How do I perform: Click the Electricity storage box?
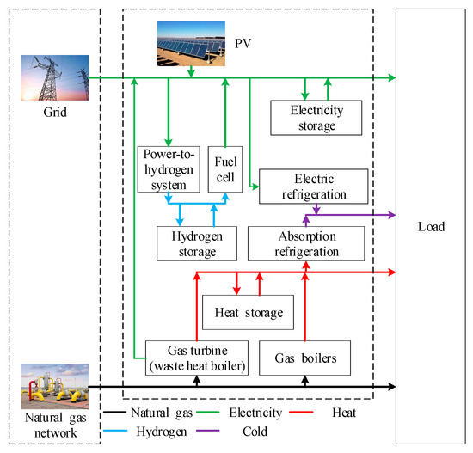click(313, 118)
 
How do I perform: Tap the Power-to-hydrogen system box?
click(169, 168)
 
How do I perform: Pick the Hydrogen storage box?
click(197, 243)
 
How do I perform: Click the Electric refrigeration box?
click(313, 185)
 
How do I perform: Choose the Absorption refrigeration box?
click(307, 243)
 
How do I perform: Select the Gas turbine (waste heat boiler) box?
click(196, 357)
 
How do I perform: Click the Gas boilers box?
click(304, 357)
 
